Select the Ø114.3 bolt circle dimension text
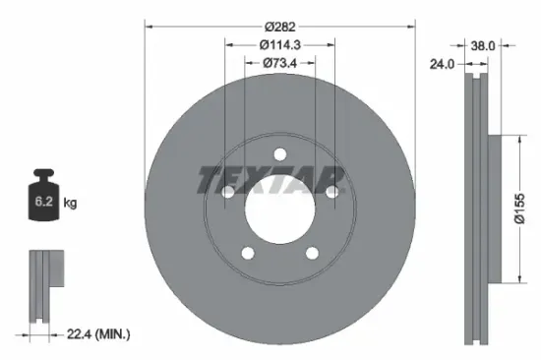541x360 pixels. (x=278, y=44)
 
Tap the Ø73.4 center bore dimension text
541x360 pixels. (x=278, y=64)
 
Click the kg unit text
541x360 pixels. (x=69, y=203)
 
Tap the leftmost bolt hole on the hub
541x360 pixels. (x=228, y=194)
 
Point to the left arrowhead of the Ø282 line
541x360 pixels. (x=148, y=24)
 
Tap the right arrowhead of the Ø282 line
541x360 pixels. (x=413, y=24)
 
